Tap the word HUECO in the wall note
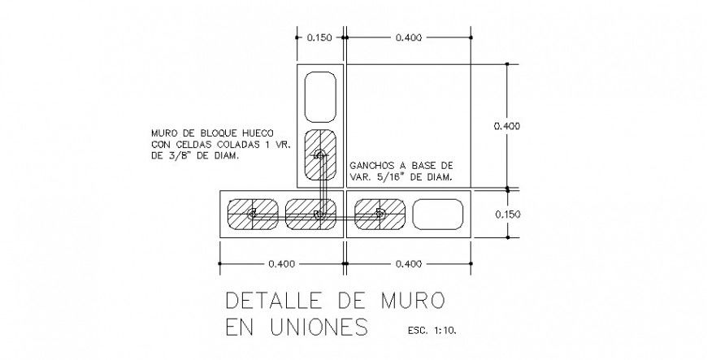click(x=256, y=134)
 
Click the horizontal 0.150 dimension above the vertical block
click(x=319, y=37)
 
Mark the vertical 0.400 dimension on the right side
click(x=507, y=126)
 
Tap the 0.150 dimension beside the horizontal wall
click(x=507, y=214)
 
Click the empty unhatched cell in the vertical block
click(x=319, y=95)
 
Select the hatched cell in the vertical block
click(x=319, y=155)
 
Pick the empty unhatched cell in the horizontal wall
click(x=438, y=214)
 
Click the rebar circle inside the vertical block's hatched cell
click(x=319, y=154)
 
